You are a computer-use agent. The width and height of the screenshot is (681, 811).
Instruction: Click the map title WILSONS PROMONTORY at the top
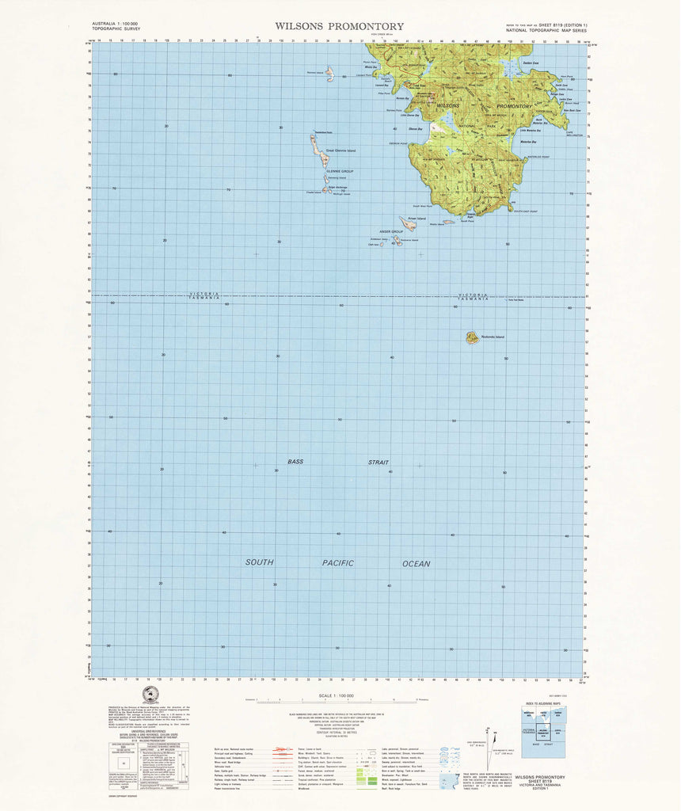tap(339, 26)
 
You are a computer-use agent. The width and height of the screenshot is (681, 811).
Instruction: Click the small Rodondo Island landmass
tap(472, 337)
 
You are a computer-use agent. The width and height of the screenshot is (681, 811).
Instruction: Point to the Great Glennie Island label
tap(341, 150)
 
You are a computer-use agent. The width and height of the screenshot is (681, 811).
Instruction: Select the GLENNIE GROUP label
tap(339, 171)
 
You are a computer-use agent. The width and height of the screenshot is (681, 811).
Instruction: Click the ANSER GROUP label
tap(391, 231)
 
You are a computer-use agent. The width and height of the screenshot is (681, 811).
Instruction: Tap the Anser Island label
tap(417, 218)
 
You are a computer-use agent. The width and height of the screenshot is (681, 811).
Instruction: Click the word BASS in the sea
tap(295, 461)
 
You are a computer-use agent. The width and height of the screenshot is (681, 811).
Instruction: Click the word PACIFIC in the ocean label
tap(337, 562)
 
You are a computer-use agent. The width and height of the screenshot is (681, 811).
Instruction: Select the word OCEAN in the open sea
tap(416, 563)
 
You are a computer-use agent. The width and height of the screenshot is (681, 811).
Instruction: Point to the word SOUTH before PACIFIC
tap(259, 562)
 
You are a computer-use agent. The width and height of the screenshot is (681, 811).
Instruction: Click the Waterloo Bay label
tap(529, 142)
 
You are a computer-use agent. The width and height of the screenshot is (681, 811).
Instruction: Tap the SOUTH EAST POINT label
tap(525, 211)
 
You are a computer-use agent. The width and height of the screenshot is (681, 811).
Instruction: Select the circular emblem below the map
tap(150, 695)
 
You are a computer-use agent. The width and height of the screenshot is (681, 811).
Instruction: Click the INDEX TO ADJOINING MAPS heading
tap(541, 703)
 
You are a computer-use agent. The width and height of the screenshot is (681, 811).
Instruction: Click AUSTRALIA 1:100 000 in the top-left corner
tap(116, 24)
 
